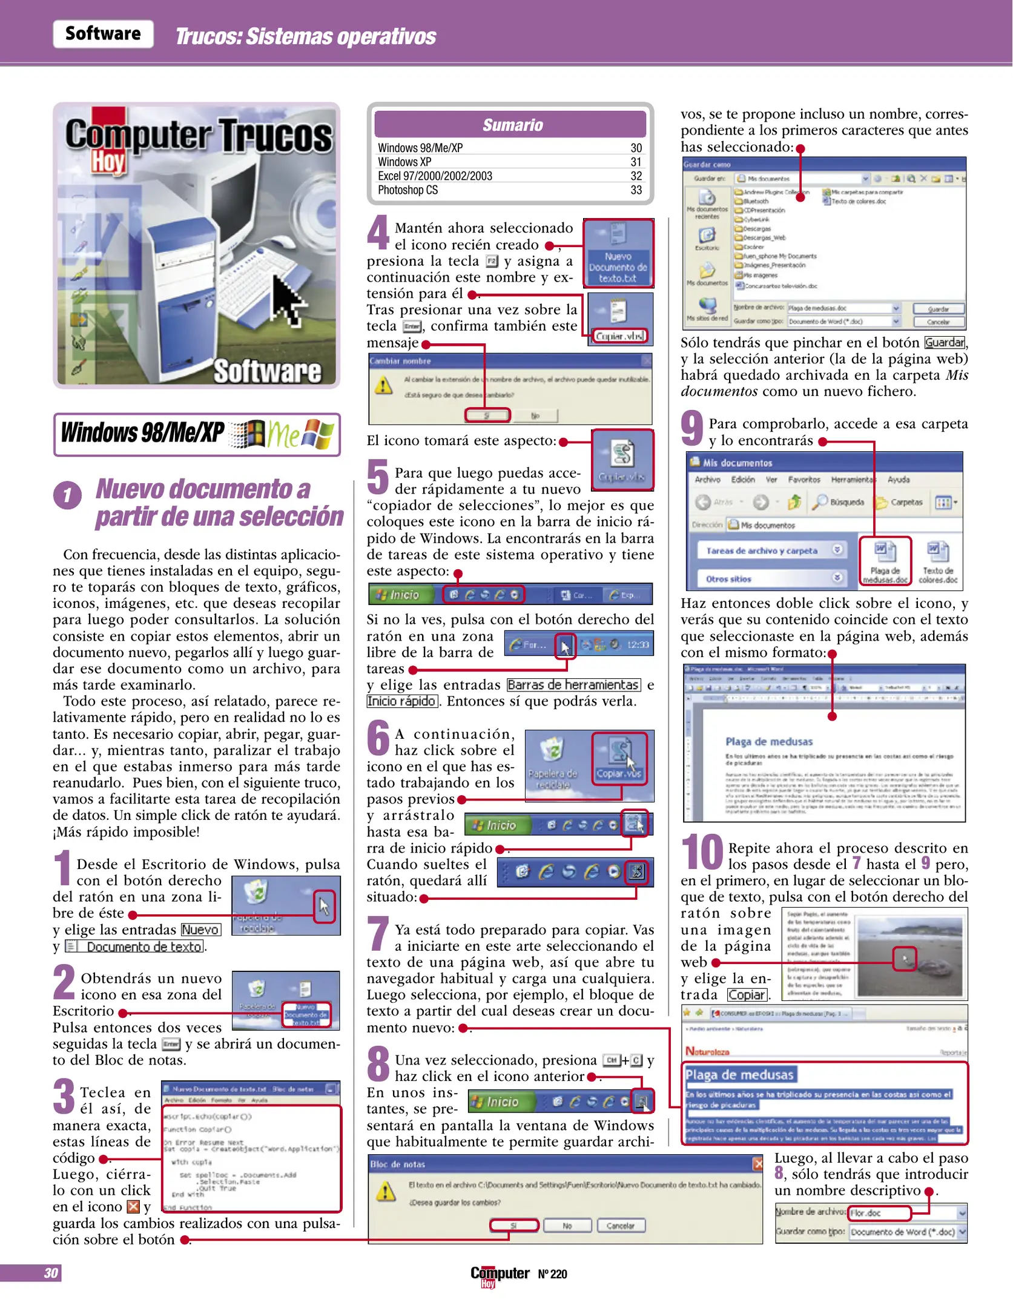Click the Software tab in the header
pyautogui.click(x=103, y=33)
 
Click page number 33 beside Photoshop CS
pyautogui.click(x=636, y=190)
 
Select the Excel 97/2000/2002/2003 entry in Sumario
pyautogui.click(x=435, y=176)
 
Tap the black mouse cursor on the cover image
pyautogui.click(x=288, y=300)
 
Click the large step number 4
pyautogui.click(x=378, y=232)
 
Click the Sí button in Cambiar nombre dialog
pyautogui.click(x=487, y=415)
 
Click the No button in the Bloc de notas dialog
pyautogui.click(x=567, y=1226)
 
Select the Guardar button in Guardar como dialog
pyautogui.click(x=938, y=309)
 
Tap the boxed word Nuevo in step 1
pyautogui.click(x=200, y=930)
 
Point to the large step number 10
pyautogui.click(x=702, y=852)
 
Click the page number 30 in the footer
pyautogui.click(x=51, y=1273)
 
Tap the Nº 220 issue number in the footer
pyautogui.click(x=552, y=1274)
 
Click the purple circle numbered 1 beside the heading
pyautogui.click(x=67, y=495)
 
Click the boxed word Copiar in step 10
pyautogui.click(x=747, y=995)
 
